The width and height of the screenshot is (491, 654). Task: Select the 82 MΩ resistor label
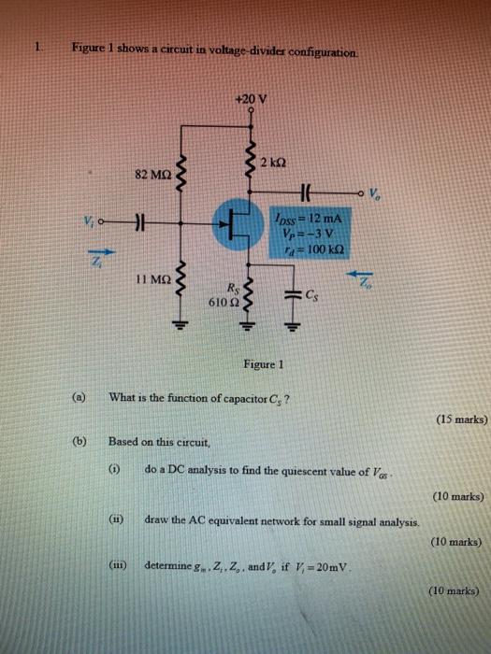[152, 175]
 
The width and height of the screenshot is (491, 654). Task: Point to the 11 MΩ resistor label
[152, 279]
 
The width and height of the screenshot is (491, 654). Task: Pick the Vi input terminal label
[89, 222]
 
